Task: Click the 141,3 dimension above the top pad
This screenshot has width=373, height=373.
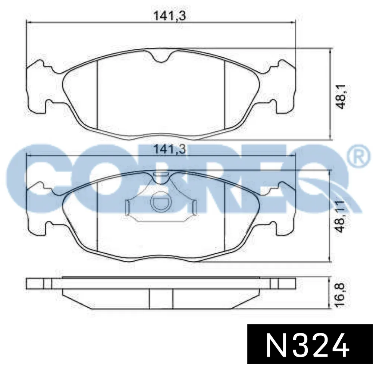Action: click(169, 16)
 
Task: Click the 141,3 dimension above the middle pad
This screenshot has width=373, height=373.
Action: click(169, 150)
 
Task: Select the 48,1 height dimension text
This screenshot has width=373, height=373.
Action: click(342, 97)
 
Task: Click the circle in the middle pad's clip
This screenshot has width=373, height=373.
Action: click(160, 203)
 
